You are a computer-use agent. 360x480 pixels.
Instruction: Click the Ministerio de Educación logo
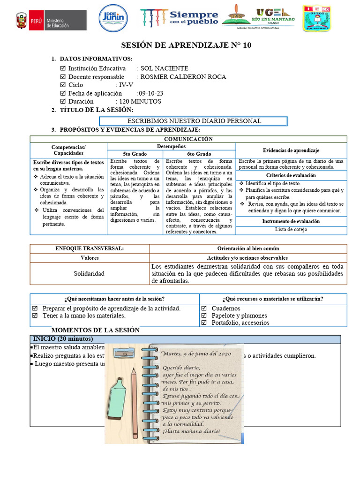pos(50,21)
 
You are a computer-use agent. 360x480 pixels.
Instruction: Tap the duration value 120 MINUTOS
pos(140,101)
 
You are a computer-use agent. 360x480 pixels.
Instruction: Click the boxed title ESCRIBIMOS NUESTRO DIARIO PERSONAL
pos(195,121)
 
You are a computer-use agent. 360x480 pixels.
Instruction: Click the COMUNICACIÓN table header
pos(188,139)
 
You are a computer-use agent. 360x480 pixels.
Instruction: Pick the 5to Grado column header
pos(135,154)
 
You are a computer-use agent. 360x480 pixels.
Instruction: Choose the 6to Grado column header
pos(199,154)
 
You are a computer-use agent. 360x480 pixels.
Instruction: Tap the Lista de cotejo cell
pos(291,230)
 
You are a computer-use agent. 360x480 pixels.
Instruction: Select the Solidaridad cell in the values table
pos(89,273)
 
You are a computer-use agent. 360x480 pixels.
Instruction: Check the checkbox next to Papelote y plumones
pos(204,316)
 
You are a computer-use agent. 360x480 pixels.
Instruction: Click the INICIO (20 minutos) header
pos(63,339)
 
